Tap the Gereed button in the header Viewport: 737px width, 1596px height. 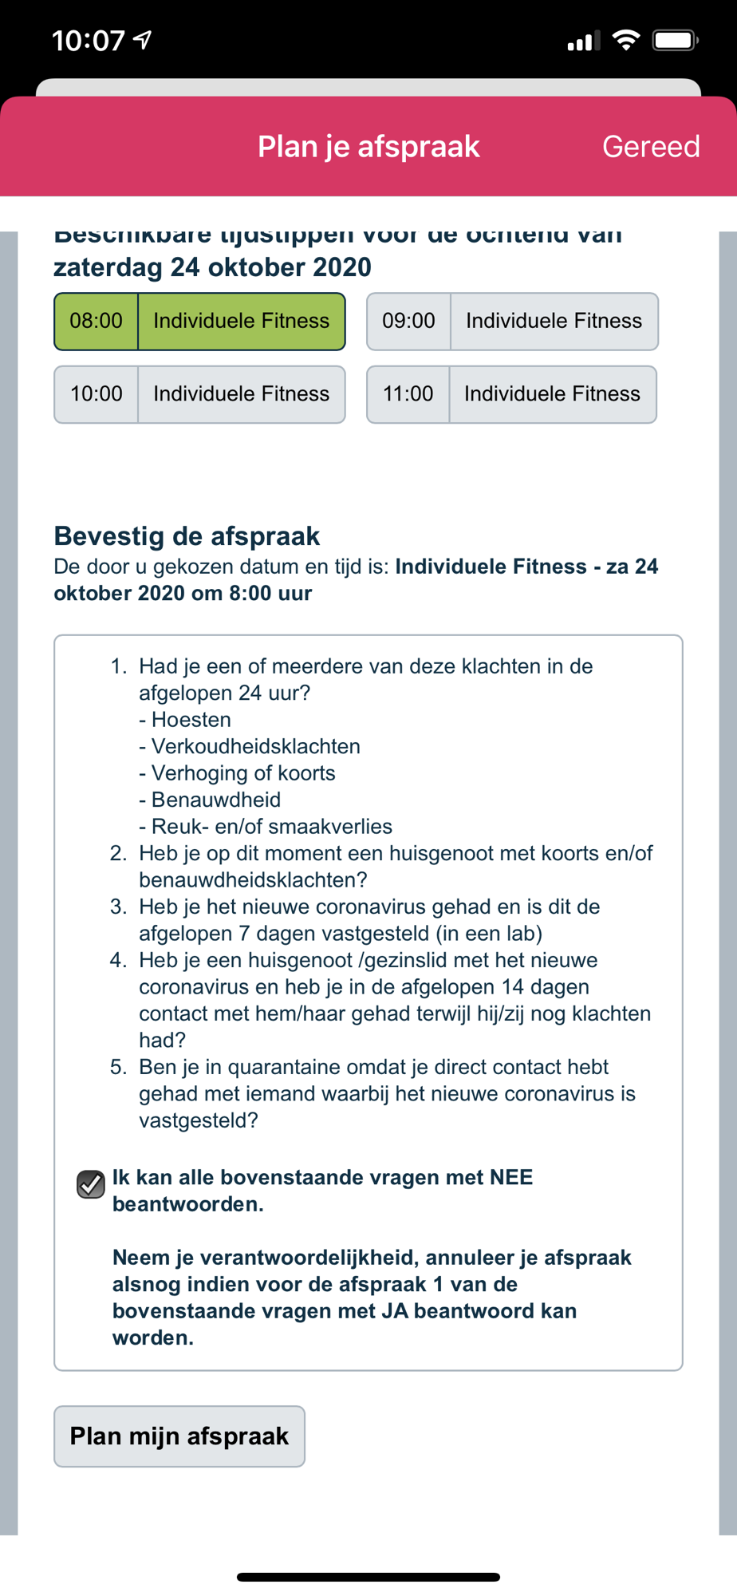651,147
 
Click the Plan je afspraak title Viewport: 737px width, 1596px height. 368,147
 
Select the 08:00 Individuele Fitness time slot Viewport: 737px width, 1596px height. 199,322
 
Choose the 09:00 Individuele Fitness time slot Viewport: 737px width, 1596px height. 512,322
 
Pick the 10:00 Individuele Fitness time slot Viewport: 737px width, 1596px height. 199,394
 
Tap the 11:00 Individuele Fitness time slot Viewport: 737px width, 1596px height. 511,394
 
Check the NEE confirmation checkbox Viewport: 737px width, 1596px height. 91,1184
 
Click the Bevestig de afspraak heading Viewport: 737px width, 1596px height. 187,536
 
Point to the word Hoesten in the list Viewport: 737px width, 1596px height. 191,720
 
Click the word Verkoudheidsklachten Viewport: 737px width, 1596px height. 256,747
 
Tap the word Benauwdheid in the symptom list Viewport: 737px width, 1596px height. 216,800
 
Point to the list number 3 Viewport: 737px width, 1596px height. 118,907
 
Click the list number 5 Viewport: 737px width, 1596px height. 118,1068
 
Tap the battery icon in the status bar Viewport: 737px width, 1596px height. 675,41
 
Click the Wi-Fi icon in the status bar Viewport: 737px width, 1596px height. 626,41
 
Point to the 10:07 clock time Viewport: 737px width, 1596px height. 89,41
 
